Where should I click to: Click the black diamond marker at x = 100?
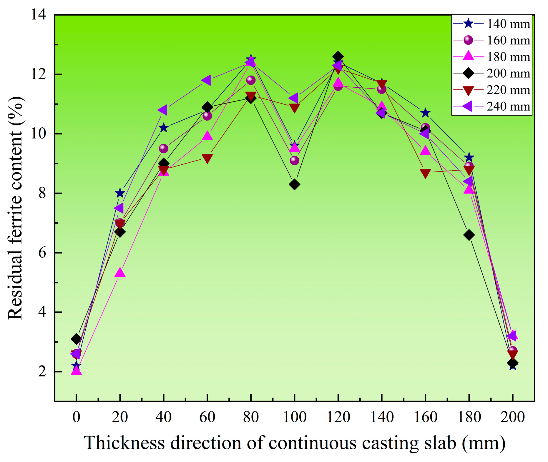pyautogui.click(x=294, y=185)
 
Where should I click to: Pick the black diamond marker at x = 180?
pyautogui.click(x=469, y=235)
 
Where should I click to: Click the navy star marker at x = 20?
pyautogui.click(x=120, y=193)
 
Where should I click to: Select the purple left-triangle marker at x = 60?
pyautogui.click(x=206, y=80)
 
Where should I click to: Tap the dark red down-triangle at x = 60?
pyautogui.click(x=207, y=159)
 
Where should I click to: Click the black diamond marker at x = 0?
pyautogui.click(x=76, y=339)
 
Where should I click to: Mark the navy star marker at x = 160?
pyautogui.click(x=425, y=113)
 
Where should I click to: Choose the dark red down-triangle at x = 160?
pyautogui.click(x=425, y=173)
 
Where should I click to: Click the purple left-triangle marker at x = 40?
pyautogui.click(x=163, y=110)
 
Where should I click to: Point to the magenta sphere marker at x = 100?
pyautogui.click(x=294, y=161)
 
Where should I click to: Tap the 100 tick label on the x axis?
pyautogui.click(x=294, y=417)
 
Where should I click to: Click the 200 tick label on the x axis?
pyautogui.click(x=512, y=417)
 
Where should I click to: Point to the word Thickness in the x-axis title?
pyautogui.click(x=124, y=443)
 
